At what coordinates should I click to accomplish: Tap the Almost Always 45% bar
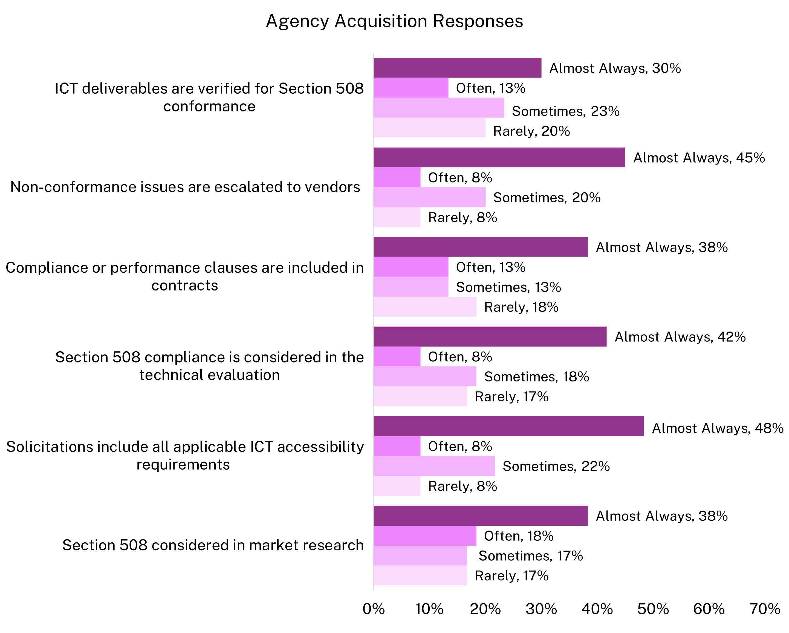click(499, 157)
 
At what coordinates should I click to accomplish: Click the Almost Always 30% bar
click(457, 68)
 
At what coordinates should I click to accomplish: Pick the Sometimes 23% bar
click(439, 108)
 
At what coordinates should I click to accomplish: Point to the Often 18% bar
click(425, 536)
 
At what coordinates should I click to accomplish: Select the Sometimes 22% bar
click(434, 466)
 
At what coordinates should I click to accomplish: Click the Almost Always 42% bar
click(490, 336)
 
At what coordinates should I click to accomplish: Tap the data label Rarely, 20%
click(531, 131)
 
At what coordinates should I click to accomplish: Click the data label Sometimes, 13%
click(508, 287)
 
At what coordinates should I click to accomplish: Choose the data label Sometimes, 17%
click(530, 556)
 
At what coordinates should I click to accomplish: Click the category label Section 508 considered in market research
click(213, 545)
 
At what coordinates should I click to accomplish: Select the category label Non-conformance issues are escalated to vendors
click(185, 187)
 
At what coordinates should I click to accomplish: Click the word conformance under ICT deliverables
click(209, 107)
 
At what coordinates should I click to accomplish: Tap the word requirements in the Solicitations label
click(183, 465)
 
